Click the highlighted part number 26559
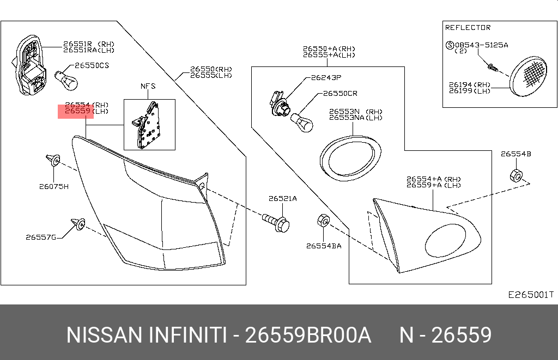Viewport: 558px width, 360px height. tap(76, 112)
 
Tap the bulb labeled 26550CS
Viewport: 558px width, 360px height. tap(68, 81)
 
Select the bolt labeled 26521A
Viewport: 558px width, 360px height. tap(277, 222)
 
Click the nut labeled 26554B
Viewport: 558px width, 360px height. tap(515, 176)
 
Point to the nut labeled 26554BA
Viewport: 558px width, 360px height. tap(322, 221)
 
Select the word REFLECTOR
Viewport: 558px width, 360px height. tap(468, 27)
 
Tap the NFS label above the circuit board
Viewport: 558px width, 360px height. tap(148, 87)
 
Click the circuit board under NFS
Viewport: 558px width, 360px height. tap(148, 125)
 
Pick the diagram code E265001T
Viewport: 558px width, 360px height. tap(530, 295)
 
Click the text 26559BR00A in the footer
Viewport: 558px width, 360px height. tap(308, 335)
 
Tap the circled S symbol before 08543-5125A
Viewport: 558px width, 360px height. tap(450, 45)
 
